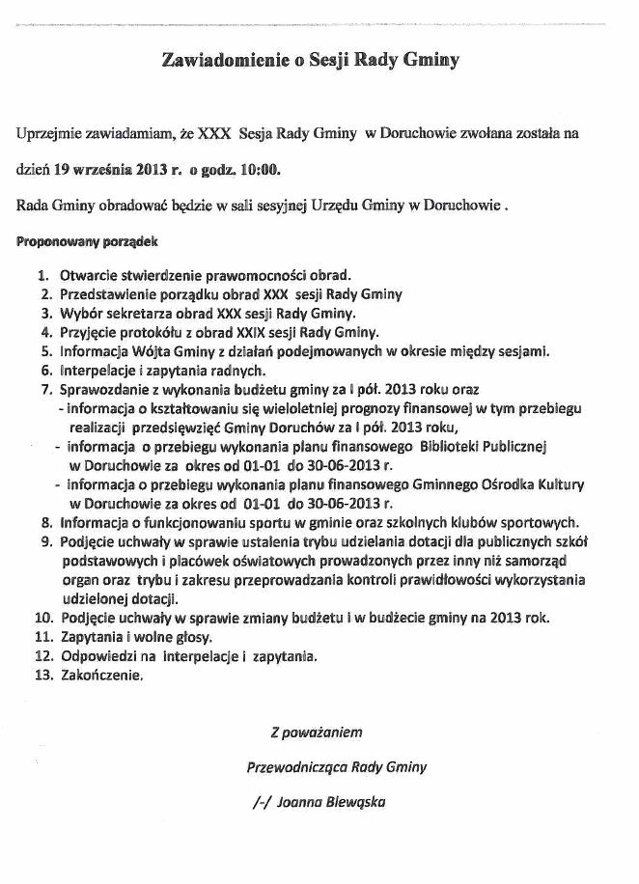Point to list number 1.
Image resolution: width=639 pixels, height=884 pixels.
[x=46, y=274]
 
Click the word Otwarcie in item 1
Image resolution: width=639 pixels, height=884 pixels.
[x=90, y=274]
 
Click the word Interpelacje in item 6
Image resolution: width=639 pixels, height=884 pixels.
[x=100, y=370]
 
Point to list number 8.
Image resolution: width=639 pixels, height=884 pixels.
[x=46, y=522]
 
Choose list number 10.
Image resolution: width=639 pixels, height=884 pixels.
[x=42, y=618]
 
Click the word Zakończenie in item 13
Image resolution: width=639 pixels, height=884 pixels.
[x=100, y=676]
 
